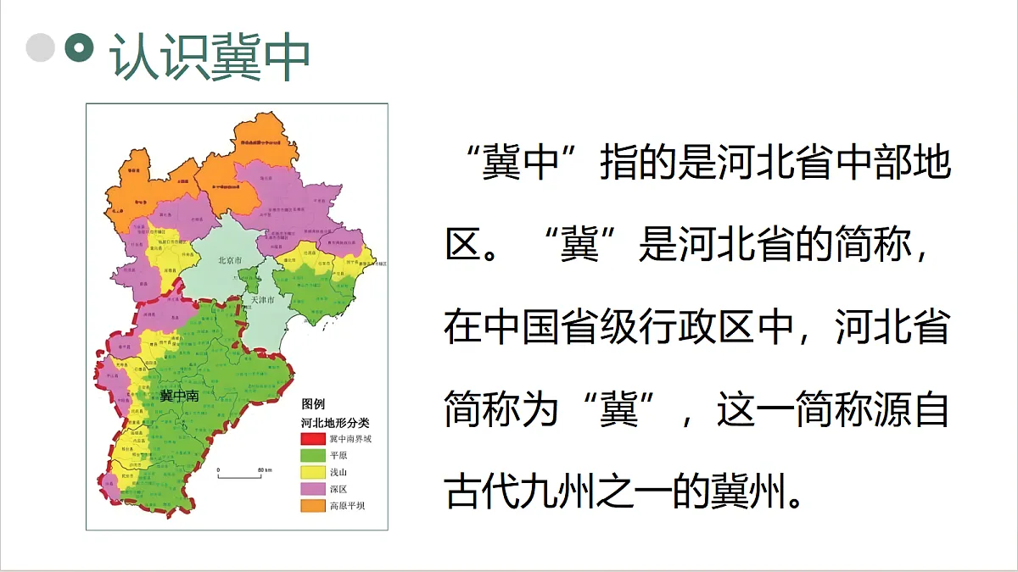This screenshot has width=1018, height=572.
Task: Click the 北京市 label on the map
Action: pos(231,260)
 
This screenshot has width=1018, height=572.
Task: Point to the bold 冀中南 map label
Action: pos(179,396)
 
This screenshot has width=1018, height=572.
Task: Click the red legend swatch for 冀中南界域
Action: pos(313,438)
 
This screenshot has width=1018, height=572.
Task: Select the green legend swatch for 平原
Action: pos(313,455)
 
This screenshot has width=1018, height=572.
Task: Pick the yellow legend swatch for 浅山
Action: pos(313,472)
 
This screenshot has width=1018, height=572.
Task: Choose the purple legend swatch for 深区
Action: pos(313,489)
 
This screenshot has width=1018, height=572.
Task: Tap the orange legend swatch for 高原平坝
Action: pos(313,506)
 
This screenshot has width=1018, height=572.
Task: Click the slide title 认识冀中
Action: pos(210,58)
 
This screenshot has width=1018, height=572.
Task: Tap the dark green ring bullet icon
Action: pos(80,47)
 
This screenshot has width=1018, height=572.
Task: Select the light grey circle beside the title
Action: pos(41,47)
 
